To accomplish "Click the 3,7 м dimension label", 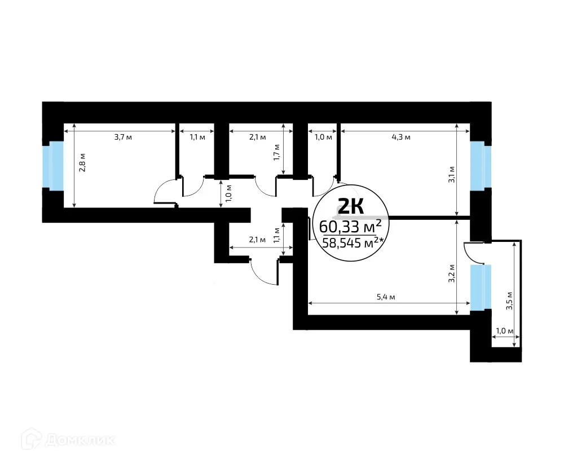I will [123, 137].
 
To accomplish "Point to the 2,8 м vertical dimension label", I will [82, 163].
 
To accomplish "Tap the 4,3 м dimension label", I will [401, 137].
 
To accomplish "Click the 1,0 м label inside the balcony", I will [504, 331].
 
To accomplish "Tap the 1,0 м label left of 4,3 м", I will [323, 137].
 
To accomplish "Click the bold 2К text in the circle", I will [350, 207].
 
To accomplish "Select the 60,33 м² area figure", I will [350, 227].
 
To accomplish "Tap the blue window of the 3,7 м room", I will [56, 166].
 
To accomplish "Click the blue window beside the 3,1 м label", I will [478, 166].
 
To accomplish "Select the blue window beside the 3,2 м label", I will [478, 287].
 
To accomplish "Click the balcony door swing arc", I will [473, 254].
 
